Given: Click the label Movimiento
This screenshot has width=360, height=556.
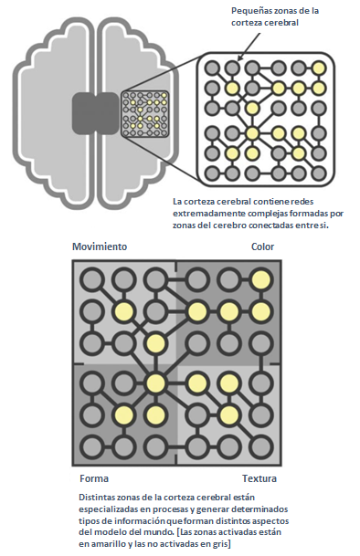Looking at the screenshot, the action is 100,247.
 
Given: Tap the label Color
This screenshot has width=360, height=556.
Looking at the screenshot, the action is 263,247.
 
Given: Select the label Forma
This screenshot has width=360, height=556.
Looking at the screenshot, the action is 94,478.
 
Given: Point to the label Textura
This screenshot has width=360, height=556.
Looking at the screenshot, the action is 259,478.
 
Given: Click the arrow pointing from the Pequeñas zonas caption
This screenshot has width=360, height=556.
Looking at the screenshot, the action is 249,47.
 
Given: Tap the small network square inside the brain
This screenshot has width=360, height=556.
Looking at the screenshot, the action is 145,114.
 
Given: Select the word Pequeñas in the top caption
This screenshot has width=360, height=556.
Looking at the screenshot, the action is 249,11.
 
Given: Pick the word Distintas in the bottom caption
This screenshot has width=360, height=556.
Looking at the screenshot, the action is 96,498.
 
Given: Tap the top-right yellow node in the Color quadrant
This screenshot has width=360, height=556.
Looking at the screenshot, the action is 261,280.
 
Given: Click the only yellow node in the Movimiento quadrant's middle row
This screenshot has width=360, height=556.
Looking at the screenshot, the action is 123,311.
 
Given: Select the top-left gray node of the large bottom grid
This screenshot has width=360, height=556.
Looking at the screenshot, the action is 92,280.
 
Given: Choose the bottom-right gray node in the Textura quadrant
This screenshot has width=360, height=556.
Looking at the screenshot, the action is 261,446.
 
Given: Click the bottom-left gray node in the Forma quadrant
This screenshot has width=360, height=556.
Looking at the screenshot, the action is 92,446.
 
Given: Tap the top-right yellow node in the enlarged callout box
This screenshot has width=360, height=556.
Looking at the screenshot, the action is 319,68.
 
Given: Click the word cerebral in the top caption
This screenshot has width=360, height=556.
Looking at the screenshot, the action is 281,23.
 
